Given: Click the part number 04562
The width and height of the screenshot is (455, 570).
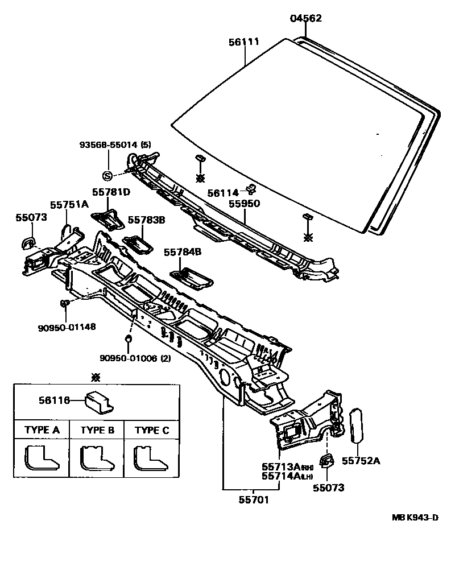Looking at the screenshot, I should (305, 18).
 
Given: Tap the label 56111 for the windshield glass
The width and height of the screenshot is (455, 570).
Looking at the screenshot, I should (244, 42).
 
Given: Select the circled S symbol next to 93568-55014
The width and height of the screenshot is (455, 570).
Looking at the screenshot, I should (106, 175).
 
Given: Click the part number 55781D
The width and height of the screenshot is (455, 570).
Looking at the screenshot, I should (111, 192).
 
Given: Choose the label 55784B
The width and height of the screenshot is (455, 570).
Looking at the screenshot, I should (183, 251).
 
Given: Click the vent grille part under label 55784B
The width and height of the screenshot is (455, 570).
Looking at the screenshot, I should (192, 278).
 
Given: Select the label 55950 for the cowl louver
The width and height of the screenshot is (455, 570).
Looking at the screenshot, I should (244, 203).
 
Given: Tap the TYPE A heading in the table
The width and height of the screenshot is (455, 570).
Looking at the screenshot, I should (42, 430).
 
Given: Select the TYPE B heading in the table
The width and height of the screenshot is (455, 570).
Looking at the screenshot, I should (97, 430).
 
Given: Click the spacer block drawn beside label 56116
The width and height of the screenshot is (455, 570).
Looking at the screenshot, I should (98, 402).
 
